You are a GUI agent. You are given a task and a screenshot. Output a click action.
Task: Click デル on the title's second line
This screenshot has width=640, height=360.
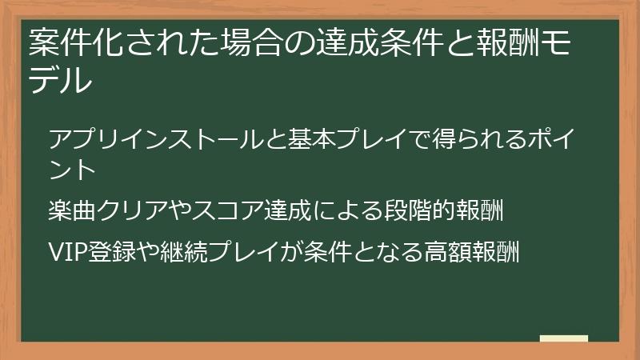pos(60,80)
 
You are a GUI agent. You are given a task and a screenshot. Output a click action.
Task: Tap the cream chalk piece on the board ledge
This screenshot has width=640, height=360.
pos(563,339)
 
